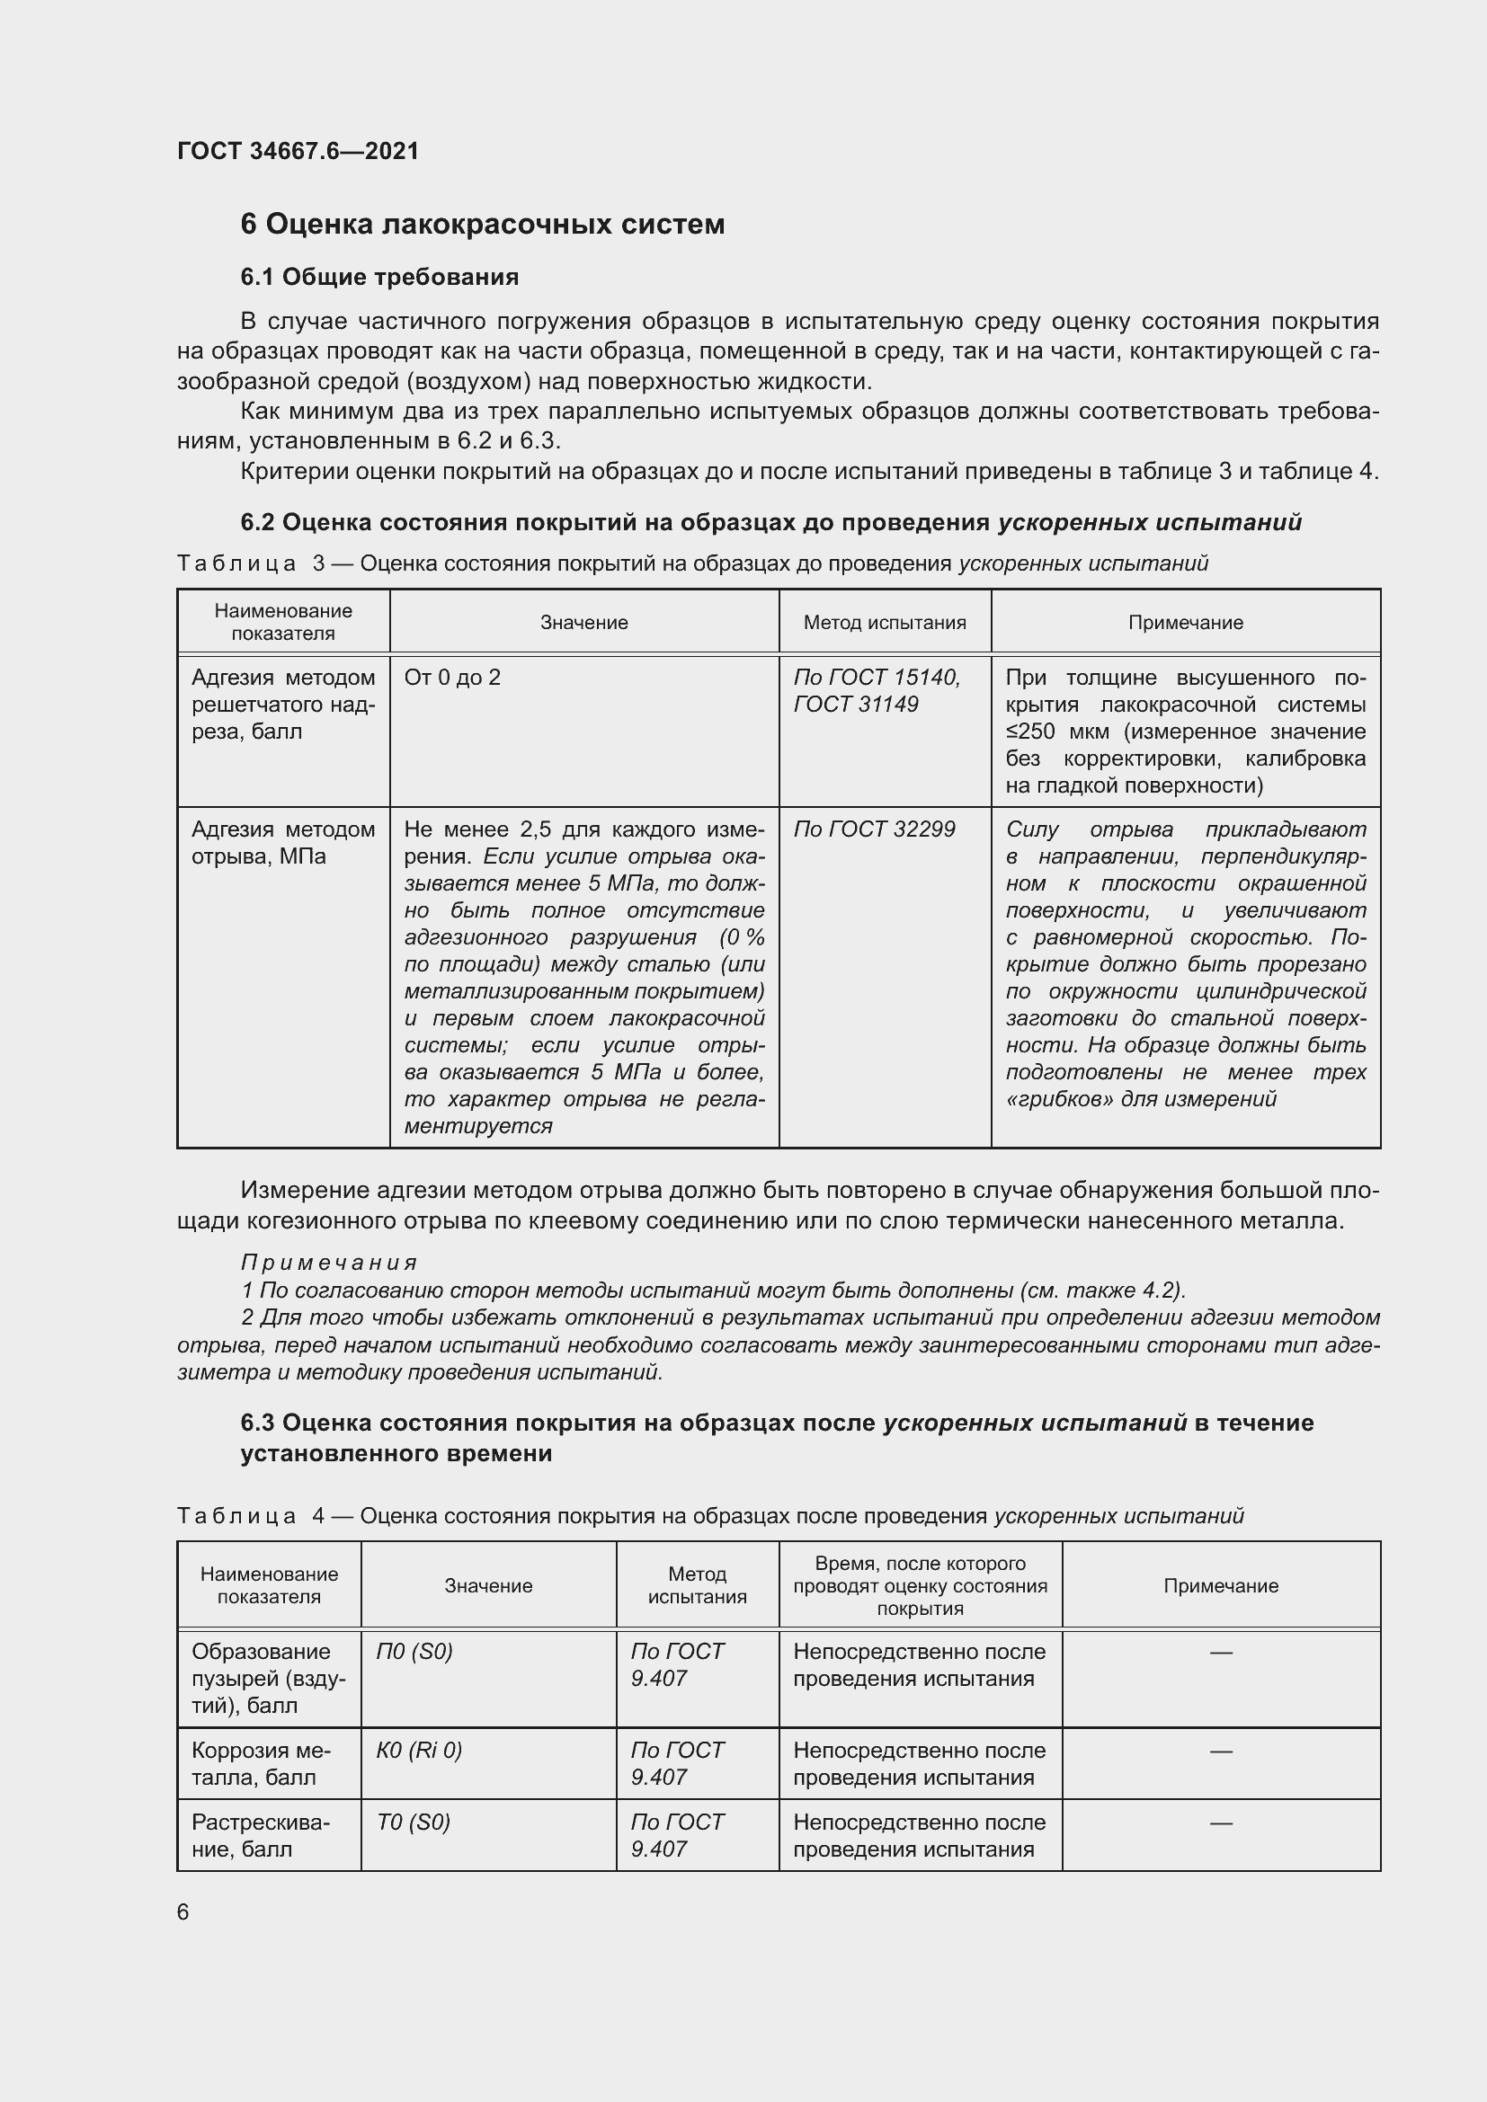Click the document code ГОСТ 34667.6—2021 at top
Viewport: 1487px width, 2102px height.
pos(298,151)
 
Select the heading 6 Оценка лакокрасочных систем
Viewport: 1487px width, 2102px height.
pos(482,225)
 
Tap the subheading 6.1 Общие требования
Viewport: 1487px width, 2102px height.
pos(379,277)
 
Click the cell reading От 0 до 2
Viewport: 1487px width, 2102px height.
pos(452,678)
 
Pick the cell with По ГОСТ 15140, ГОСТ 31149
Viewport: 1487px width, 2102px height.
pos(877,690)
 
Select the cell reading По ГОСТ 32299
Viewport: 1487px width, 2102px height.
pos(874,829)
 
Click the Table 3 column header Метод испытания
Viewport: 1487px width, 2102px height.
pos(885,623)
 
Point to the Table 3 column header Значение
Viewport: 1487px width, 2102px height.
pos(584,623)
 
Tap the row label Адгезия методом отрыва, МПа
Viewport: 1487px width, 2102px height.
pos(283,842)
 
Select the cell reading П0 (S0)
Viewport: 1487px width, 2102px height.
pos(414,1652)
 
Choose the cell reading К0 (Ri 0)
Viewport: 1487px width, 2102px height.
pos(418,1751)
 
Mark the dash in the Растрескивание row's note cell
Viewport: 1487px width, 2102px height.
pos(1221,1823)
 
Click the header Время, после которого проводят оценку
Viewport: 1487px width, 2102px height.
pos(921,1585)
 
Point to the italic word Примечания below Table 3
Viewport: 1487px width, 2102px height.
pos(329,1263)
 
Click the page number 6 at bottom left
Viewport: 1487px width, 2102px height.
pos(183,1912)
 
